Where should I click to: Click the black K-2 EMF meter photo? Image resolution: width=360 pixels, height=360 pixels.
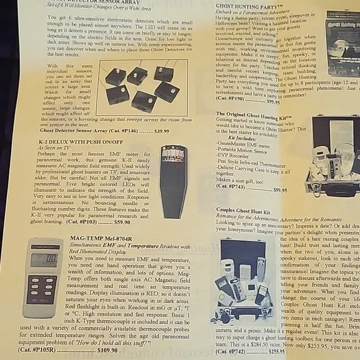172,180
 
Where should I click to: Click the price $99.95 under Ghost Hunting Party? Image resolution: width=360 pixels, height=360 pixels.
273,101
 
